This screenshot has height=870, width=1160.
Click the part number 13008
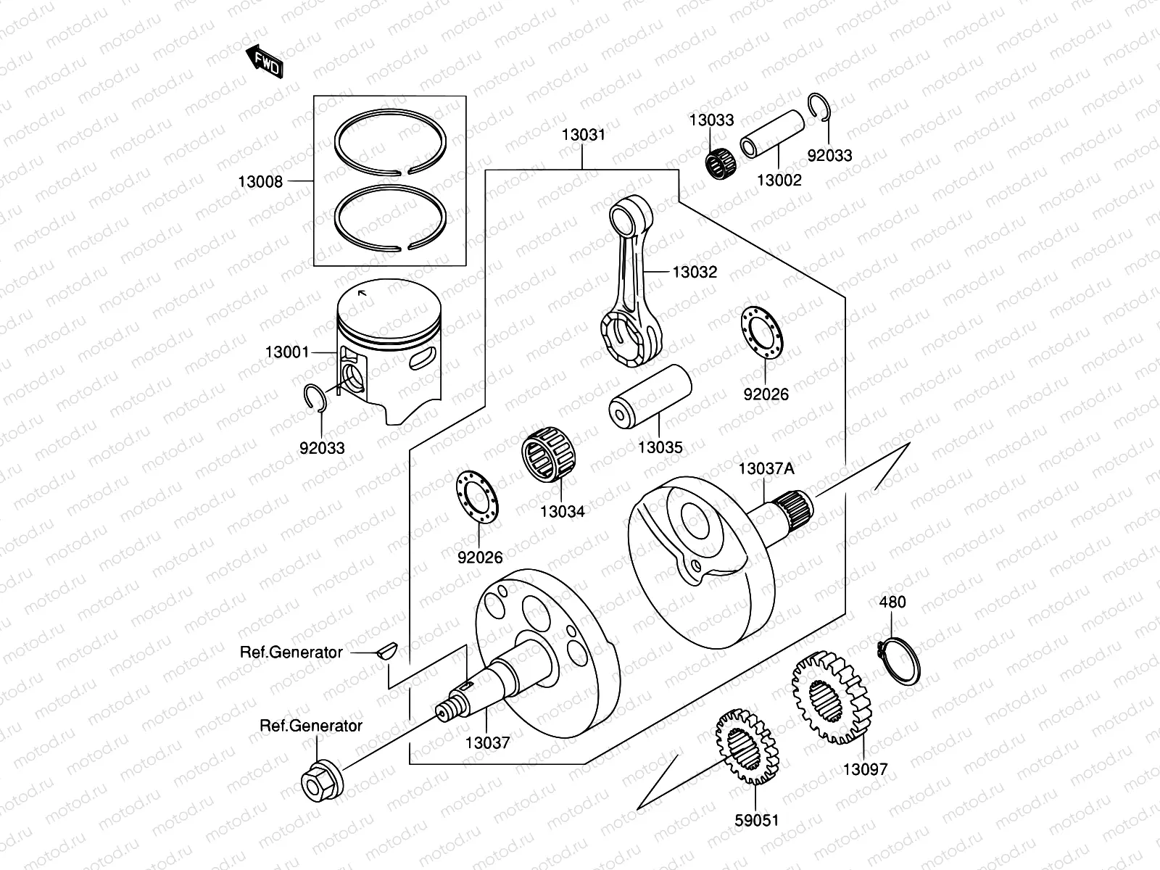[x=260, y=181]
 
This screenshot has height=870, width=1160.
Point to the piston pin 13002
[x=773, y=130]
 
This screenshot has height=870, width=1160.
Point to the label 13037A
[x=766, y=468]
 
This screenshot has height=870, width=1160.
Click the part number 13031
[x=582, y=135]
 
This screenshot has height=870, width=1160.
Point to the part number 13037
[x=486, y=742]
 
